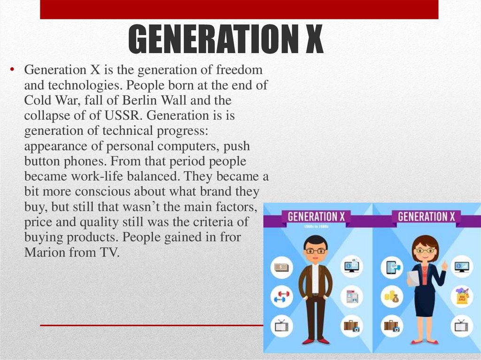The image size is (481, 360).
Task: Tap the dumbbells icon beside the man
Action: click(x=282, y=297)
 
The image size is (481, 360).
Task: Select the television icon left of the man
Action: click(x=282, y=325)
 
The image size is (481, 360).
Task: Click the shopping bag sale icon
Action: click(x=462, y=297)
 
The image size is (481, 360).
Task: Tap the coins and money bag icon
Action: click(x=391, y=297)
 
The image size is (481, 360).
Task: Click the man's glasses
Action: click(x=315, y=251)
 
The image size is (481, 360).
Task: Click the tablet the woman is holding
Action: click(x=413, y=278)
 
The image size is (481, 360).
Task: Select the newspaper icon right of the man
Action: click(x=351, y=297)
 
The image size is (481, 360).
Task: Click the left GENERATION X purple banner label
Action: click(x=312, y=217)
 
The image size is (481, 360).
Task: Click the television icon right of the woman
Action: click(x=462, y=325)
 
